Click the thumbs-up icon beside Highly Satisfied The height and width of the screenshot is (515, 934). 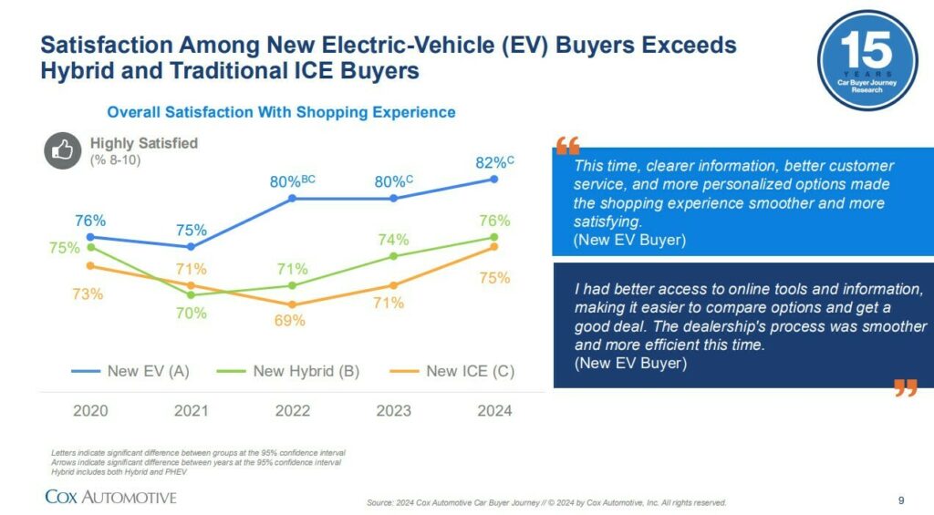point(63,151)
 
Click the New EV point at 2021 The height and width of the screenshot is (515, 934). point(191,247)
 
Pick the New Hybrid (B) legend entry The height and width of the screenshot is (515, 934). point(290,371)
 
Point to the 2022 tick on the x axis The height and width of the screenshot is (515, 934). point(293,411)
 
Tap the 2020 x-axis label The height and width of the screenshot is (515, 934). point(90,411)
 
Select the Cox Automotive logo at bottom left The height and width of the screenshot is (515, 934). point(110,497)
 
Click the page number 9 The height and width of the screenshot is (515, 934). point(901,500)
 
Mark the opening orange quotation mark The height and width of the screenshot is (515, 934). point(566,145)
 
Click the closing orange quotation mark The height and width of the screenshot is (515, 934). point(905,388)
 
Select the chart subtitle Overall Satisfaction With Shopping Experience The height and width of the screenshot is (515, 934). point(281,112)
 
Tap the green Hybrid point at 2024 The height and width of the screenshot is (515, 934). point(494,237)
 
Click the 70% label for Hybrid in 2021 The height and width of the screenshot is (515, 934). point(192,314)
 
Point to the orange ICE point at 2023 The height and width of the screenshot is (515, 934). point(394,285)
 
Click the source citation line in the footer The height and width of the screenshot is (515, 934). point(546,502)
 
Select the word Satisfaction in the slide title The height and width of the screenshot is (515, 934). point(109,45)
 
